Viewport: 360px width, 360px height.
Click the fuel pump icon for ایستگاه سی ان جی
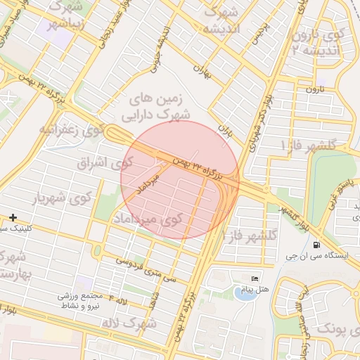tap(316, 245)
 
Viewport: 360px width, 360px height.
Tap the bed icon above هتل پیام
tap(255, 279)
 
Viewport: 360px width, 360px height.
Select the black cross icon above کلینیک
tap(13, 218)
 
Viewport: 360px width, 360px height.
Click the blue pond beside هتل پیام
tap(245, 293)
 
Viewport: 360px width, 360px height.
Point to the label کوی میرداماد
tap(147, 219)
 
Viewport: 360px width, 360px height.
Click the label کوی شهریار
tap(63, 198)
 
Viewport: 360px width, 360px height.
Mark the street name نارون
tap(314, 89)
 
